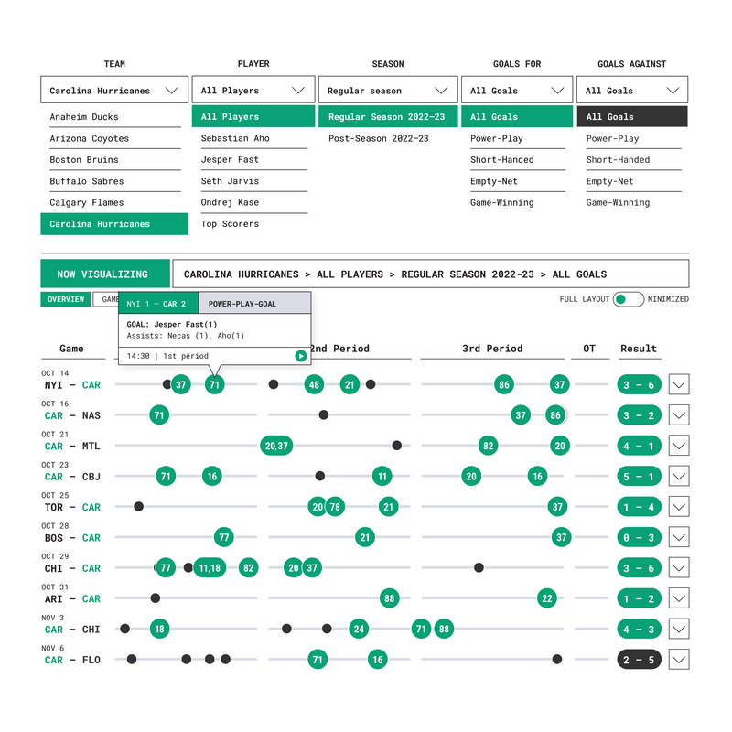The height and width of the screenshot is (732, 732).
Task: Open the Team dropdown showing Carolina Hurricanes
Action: [x=114, y=91]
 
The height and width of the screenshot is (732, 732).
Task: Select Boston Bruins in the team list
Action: [x=84, y=160]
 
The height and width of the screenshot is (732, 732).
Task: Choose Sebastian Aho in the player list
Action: [x=235, y=138]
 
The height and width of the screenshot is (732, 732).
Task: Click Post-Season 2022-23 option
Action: [x=378, y=138]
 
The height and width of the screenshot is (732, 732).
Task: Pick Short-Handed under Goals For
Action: [x=502, y=159]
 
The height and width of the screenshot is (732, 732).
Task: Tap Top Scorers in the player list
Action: [x=230, y=224]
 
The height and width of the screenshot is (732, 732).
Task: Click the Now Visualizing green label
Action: [x=102, y=274]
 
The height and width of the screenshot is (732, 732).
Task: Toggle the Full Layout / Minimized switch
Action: [x=628, y=299]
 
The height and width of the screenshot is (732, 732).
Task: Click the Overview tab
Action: [x=66, y=299]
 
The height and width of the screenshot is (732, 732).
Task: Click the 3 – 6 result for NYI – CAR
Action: [x=639, y=385]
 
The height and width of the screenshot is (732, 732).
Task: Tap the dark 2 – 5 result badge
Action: [x=639, y=660]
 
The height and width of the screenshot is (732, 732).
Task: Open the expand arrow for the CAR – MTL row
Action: [x=678, y=446]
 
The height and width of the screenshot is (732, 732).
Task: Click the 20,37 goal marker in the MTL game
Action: [x=276, y=446]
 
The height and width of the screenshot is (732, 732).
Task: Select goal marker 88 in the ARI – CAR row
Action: [x=390, y=598]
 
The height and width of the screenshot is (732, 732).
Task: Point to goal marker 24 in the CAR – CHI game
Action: [x=359, y=629]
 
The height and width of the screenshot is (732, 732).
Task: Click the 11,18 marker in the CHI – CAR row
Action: [x=210, y=568]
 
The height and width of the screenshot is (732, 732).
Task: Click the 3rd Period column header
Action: [x=492, y=349]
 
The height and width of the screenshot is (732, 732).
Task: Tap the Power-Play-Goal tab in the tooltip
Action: [x=242, y=304]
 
